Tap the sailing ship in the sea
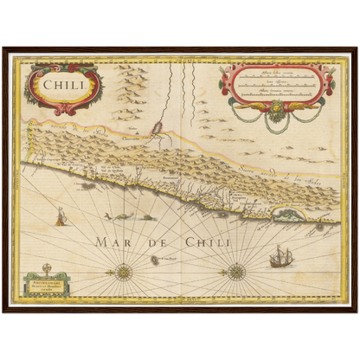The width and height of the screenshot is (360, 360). pos(281,257)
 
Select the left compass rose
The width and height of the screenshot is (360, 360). pos(124,273)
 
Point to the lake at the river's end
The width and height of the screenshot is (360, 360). pos(158,130)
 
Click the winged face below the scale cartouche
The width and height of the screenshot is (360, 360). pos(277,107)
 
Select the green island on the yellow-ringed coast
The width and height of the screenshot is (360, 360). pos(286,212)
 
